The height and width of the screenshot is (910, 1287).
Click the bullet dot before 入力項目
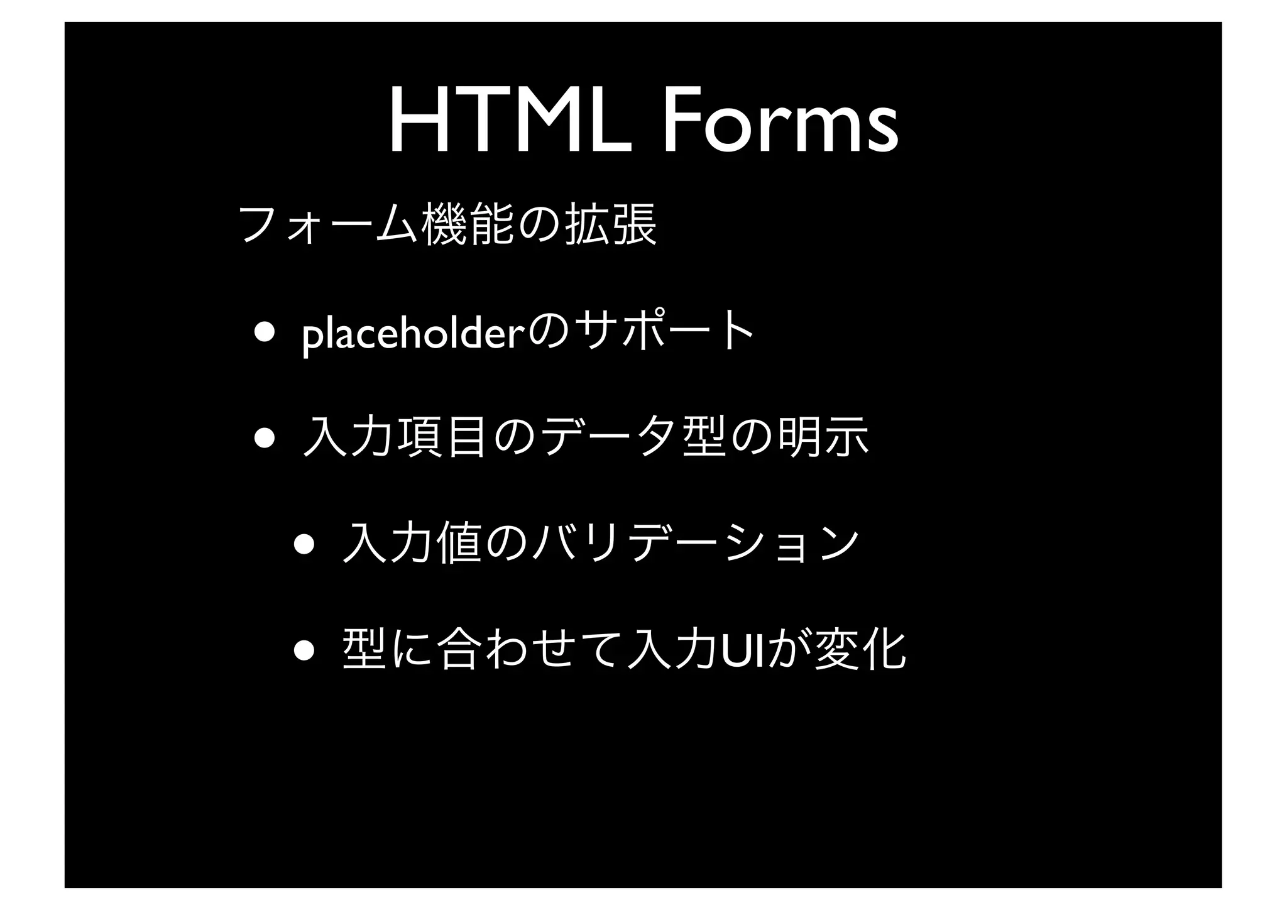[x=263, y=438]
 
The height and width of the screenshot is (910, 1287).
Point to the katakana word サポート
[x=666, y=333]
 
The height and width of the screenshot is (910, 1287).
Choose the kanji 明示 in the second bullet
[x=824, y=438]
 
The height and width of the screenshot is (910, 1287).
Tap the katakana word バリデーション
[x=694, y=543]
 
